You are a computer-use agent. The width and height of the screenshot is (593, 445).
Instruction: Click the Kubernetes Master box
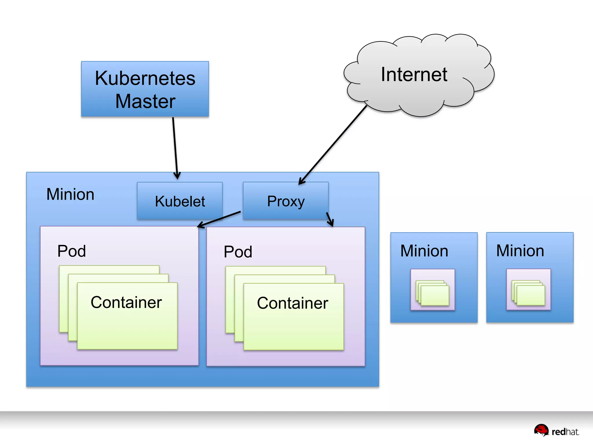145,89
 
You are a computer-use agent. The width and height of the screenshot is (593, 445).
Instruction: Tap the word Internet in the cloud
414,74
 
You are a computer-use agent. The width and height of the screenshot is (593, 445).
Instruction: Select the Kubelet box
180,201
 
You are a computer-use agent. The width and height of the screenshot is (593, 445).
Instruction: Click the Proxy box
286,201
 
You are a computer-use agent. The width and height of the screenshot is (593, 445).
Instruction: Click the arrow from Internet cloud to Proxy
333,145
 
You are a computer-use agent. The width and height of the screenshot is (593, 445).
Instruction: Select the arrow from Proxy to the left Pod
219,219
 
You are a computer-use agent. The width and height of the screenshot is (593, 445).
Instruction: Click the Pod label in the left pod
72,251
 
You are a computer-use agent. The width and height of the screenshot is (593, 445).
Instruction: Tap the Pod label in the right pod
238,251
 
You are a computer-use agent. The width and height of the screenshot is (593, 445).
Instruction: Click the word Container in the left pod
126,302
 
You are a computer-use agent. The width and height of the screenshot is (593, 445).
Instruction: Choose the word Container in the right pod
292,303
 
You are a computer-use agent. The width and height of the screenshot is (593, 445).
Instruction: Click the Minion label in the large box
70,194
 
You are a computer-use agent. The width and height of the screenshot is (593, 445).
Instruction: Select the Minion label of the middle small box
424,251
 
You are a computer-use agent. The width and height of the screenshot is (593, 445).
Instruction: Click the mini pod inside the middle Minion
433,290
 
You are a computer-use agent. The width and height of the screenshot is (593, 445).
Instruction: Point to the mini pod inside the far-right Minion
528,289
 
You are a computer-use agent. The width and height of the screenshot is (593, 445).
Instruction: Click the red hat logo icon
541,430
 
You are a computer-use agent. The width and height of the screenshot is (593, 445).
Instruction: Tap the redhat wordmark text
565,432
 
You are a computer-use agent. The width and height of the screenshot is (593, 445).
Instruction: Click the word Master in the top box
145,101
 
